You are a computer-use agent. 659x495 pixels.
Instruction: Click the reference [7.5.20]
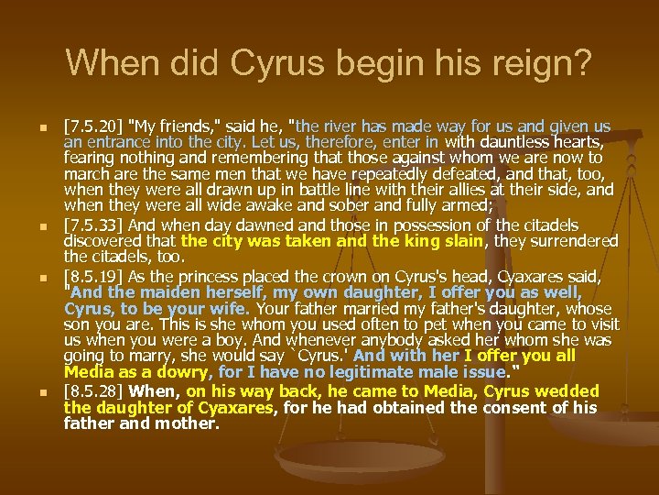click(x=93, y=126)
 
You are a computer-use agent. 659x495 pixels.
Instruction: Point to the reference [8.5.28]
click(x=93, y=391)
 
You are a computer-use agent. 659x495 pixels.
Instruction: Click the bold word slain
click(x=459, y=241)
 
